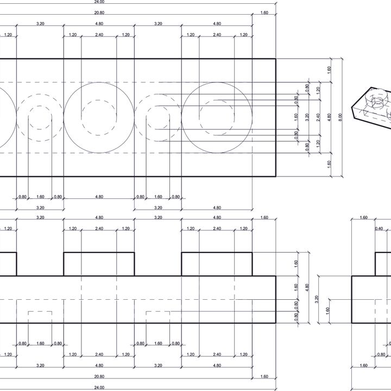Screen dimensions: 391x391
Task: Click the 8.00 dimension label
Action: (x=341, y=117)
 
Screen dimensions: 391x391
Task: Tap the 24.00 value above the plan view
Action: (x=99, y=2)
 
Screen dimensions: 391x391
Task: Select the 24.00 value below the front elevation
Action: (x=99, y=387)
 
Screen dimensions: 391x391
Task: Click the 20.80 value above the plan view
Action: (x=99, y=12)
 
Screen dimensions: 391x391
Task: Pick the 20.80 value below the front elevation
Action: (x=99, y=376)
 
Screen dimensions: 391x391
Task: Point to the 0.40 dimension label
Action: (x=379, y=229)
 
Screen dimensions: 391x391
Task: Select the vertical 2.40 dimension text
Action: (x=319, y=117)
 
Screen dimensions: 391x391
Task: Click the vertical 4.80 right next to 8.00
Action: (x=330, y=117)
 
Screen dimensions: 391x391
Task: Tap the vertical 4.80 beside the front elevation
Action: (x=308, y=287)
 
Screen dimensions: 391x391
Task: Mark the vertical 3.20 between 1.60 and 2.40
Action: (x=307, y=117)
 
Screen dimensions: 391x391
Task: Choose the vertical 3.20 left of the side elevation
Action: (x=317, y=299)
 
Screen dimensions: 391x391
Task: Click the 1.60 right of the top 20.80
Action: (x=264, y=12)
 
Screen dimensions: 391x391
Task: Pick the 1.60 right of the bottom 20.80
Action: (x=264, y=376)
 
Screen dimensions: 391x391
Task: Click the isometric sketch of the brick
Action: (x=372, y=106)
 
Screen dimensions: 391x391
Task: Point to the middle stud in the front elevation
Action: (x=99, y=264)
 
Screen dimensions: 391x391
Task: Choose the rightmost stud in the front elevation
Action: (x=217, y=264)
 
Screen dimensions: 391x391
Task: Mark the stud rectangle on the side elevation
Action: (x=383, y=264)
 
